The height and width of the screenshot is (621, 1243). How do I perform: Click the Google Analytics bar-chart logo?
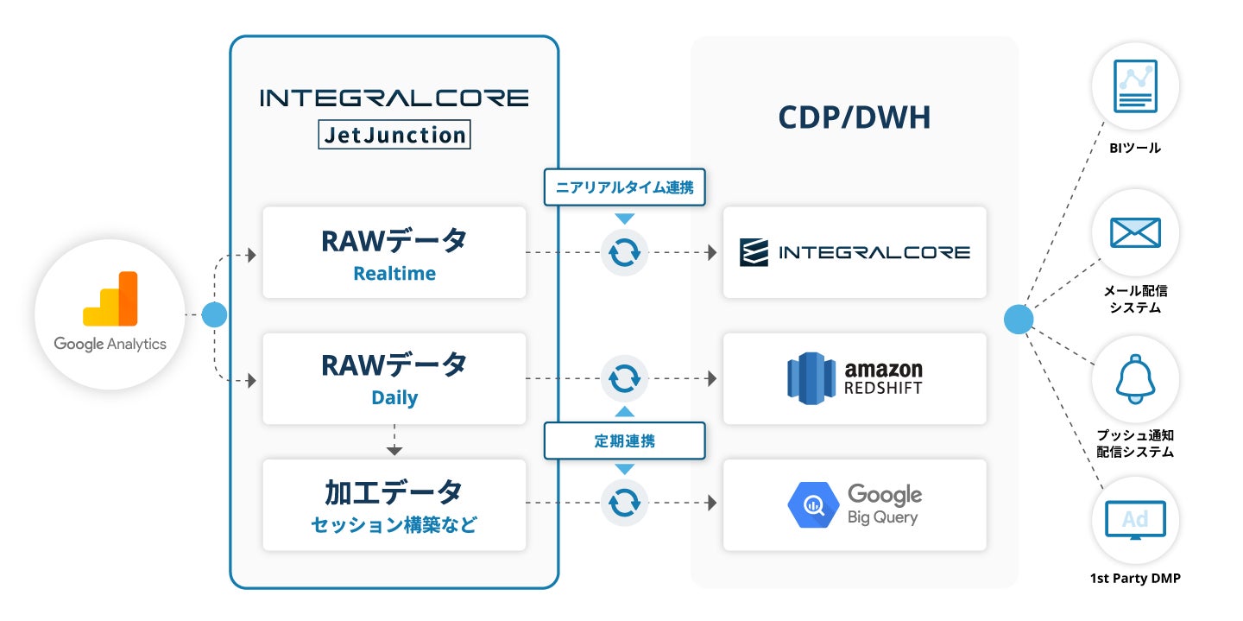pos(110,298)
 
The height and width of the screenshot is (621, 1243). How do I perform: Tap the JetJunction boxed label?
pos(394,135)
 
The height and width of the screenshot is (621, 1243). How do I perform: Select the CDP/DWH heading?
pos(854,117)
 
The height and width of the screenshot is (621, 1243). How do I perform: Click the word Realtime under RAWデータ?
pos(394,273)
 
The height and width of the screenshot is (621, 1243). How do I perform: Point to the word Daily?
pos(394,397)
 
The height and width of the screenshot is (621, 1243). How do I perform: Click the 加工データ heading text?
pos(394,492)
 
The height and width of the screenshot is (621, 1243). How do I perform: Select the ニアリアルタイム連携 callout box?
pos(624,187)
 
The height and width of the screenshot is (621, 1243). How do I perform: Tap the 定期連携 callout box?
pos(624,441)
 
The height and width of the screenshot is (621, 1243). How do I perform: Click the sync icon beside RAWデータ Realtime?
pos(624,253)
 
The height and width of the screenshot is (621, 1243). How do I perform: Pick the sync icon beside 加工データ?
pos(624,503)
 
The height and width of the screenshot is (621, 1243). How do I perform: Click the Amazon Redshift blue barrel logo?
pos(811,378)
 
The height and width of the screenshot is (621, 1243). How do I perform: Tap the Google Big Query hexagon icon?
pos(813,504)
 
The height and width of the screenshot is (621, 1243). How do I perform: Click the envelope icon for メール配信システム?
pos(1135,232)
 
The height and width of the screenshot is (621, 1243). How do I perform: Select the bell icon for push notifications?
pos(1135,379)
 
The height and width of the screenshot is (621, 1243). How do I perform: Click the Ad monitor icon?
pos(1135,520)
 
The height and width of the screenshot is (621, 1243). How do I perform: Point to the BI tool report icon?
pos(1135,86)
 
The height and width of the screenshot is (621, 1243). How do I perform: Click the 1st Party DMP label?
pos(1135,578)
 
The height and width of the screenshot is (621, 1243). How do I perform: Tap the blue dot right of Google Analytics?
pos(214,315)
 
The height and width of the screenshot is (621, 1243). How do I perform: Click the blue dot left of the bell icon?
pos(1019,320)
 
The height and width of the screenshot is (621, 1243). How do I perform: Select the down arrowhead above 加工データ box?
pos(394,451)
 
